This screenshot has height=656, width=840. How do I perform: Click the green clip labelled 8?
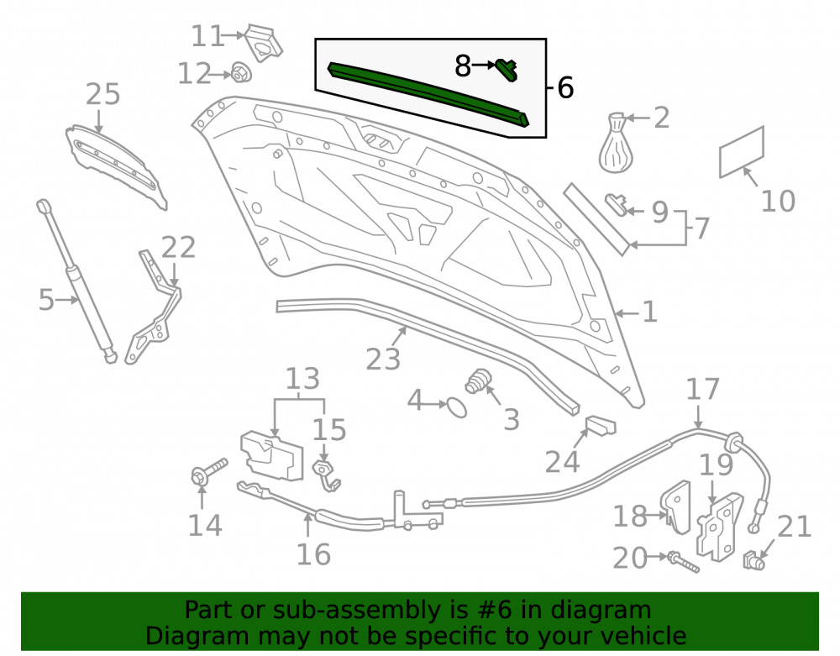click(x=507, y=70)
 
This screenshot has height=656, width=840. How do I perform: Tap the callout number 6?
click(x=565, y=87)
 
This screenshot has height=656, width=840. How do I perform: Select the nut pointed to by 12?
click(x=242, y=72)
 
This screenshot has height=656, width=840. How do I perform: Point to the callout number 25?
click(x=102, y=94)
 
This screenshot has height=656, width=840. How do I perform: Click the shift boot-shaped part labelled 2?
click(x=616, y=143)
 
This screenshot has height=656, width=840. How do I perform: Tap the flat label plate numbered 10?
click(x=742, y=152)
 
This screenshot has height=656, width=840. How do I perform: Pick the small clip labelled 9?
click(x=616, y=204)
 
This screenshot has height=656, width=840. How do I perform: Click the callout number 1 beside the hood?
click(x=649, y=312)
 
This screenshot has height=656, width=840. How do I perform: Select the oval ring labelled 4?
click(x=457, y=407)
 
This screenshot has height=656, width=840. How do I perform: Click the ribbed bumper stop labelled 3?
click(x=478, y=380)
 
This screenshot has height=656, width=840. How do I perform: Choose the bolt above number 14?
click(x=208, y=471)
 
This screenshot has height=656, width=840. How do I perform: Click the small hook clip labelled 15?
click(x=327, y=475)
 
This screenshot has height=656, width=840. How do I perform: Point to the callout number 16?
click(x=313, y=554)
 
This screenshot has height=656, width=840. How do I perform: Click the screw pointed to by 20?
click(x=683, y=562)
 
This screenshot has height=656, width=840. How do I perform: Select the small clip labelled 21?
click(x=753, y=560)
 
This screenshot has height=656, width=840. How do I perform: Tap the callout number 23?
click(x=383, y=359)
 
